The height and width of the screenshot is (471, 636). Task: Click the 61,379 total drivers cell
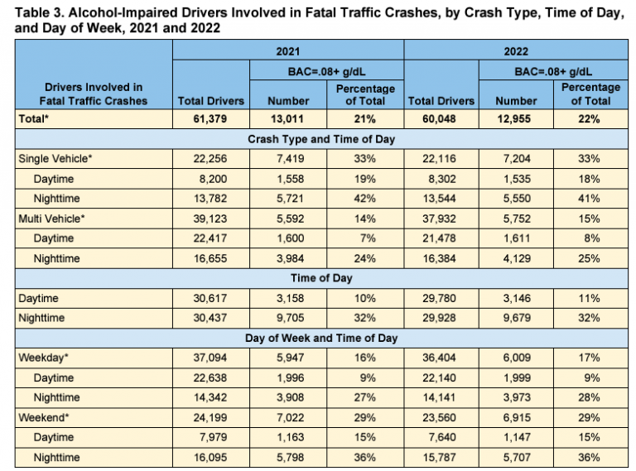pos(211,119)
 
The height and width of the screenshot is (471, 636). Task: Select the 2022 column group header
pos(518,50)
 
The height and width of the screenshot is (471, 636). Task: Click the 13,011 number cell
pos(288,119)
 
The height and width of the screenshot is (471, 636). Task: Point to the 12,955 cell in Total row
pos(517,119)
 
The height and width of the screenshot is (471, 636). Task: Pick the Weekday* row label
pos(43,358)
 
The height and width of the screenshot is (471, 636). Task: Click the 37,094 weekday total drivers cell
pos(211,358)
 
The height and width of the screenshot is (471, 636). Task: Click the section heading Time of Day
pos(320,278)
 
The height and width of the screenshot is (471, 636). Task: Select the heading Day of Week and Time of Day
pos(320,338)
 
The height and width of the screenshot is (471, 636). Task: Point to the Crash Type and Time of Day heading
pos(320,138)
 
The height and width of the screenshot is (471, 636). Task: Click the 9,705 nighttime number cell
pos(288,319)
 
